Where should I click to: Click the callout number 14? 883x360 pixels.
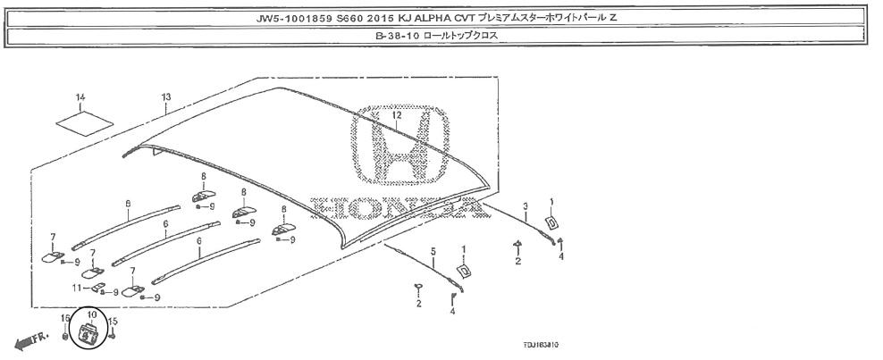(x=80, y=96)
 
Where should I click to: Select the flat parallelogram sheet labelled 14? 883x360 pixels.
(x=81, y=119)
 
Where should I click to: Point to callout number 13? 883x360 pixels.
(x=165, y=96)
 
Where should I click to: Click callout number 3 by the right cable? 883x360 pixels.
(x=526, y=205)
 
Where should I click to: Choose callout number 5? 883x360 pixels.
(x=433, y=252)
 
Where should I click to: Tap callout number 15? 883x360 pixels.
(x=114, y=320)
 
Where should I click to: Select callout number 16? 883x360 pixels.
(x=64, y=318)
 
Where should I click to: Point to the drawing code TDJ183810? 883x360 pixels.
(x=539, y=344)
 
